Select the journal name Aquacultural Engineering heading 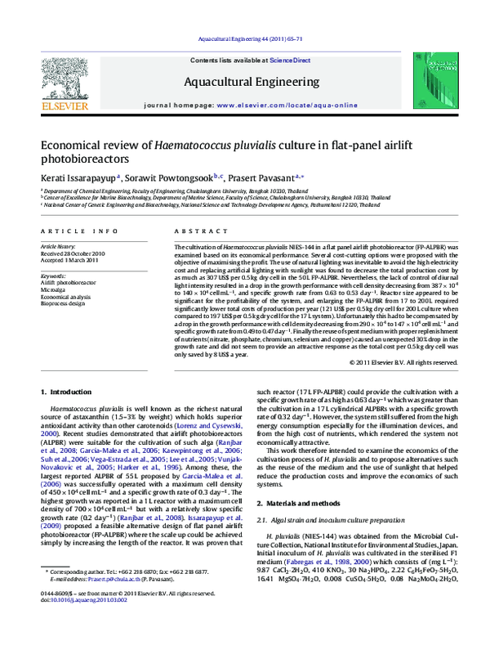point(245,82)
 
